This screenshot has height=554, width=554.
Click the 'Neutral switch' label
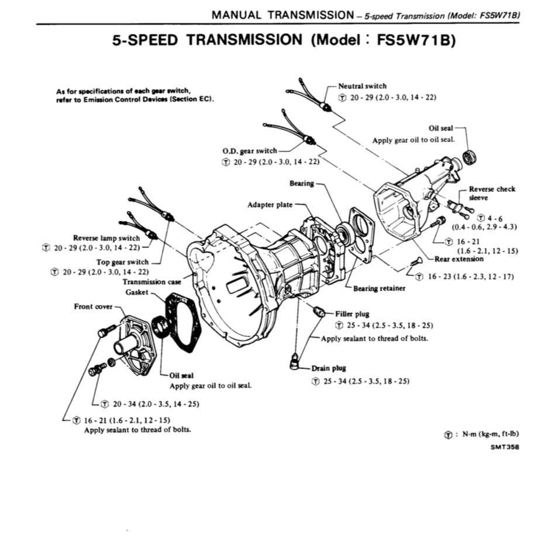click(x=362, y=86)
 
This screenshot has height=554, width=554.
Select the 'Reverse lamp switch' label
click(x=106, y=238)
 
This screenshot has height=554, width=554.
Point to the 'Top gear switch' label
click(x=123, y=262)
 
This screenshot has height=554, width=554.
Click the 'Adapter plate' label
click(x=270, y=205)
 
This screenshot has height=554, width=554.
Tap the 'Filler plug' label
click(x=353, y=314)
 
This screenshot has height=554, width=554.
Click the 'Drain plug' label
click(x=329, y=368)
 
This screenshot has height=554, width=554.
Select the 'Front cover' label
click(x=93, y=307)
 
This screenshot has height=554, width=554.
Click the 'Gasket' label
click(x=137, y=292)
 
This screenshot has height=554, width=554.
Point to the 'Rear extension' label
click(x=459, y=259)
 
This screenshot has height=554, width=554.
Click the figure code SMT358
click(x=504, y=447)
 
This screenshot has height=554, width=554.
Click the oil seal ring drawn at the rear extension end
click(x=469, y=157)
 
